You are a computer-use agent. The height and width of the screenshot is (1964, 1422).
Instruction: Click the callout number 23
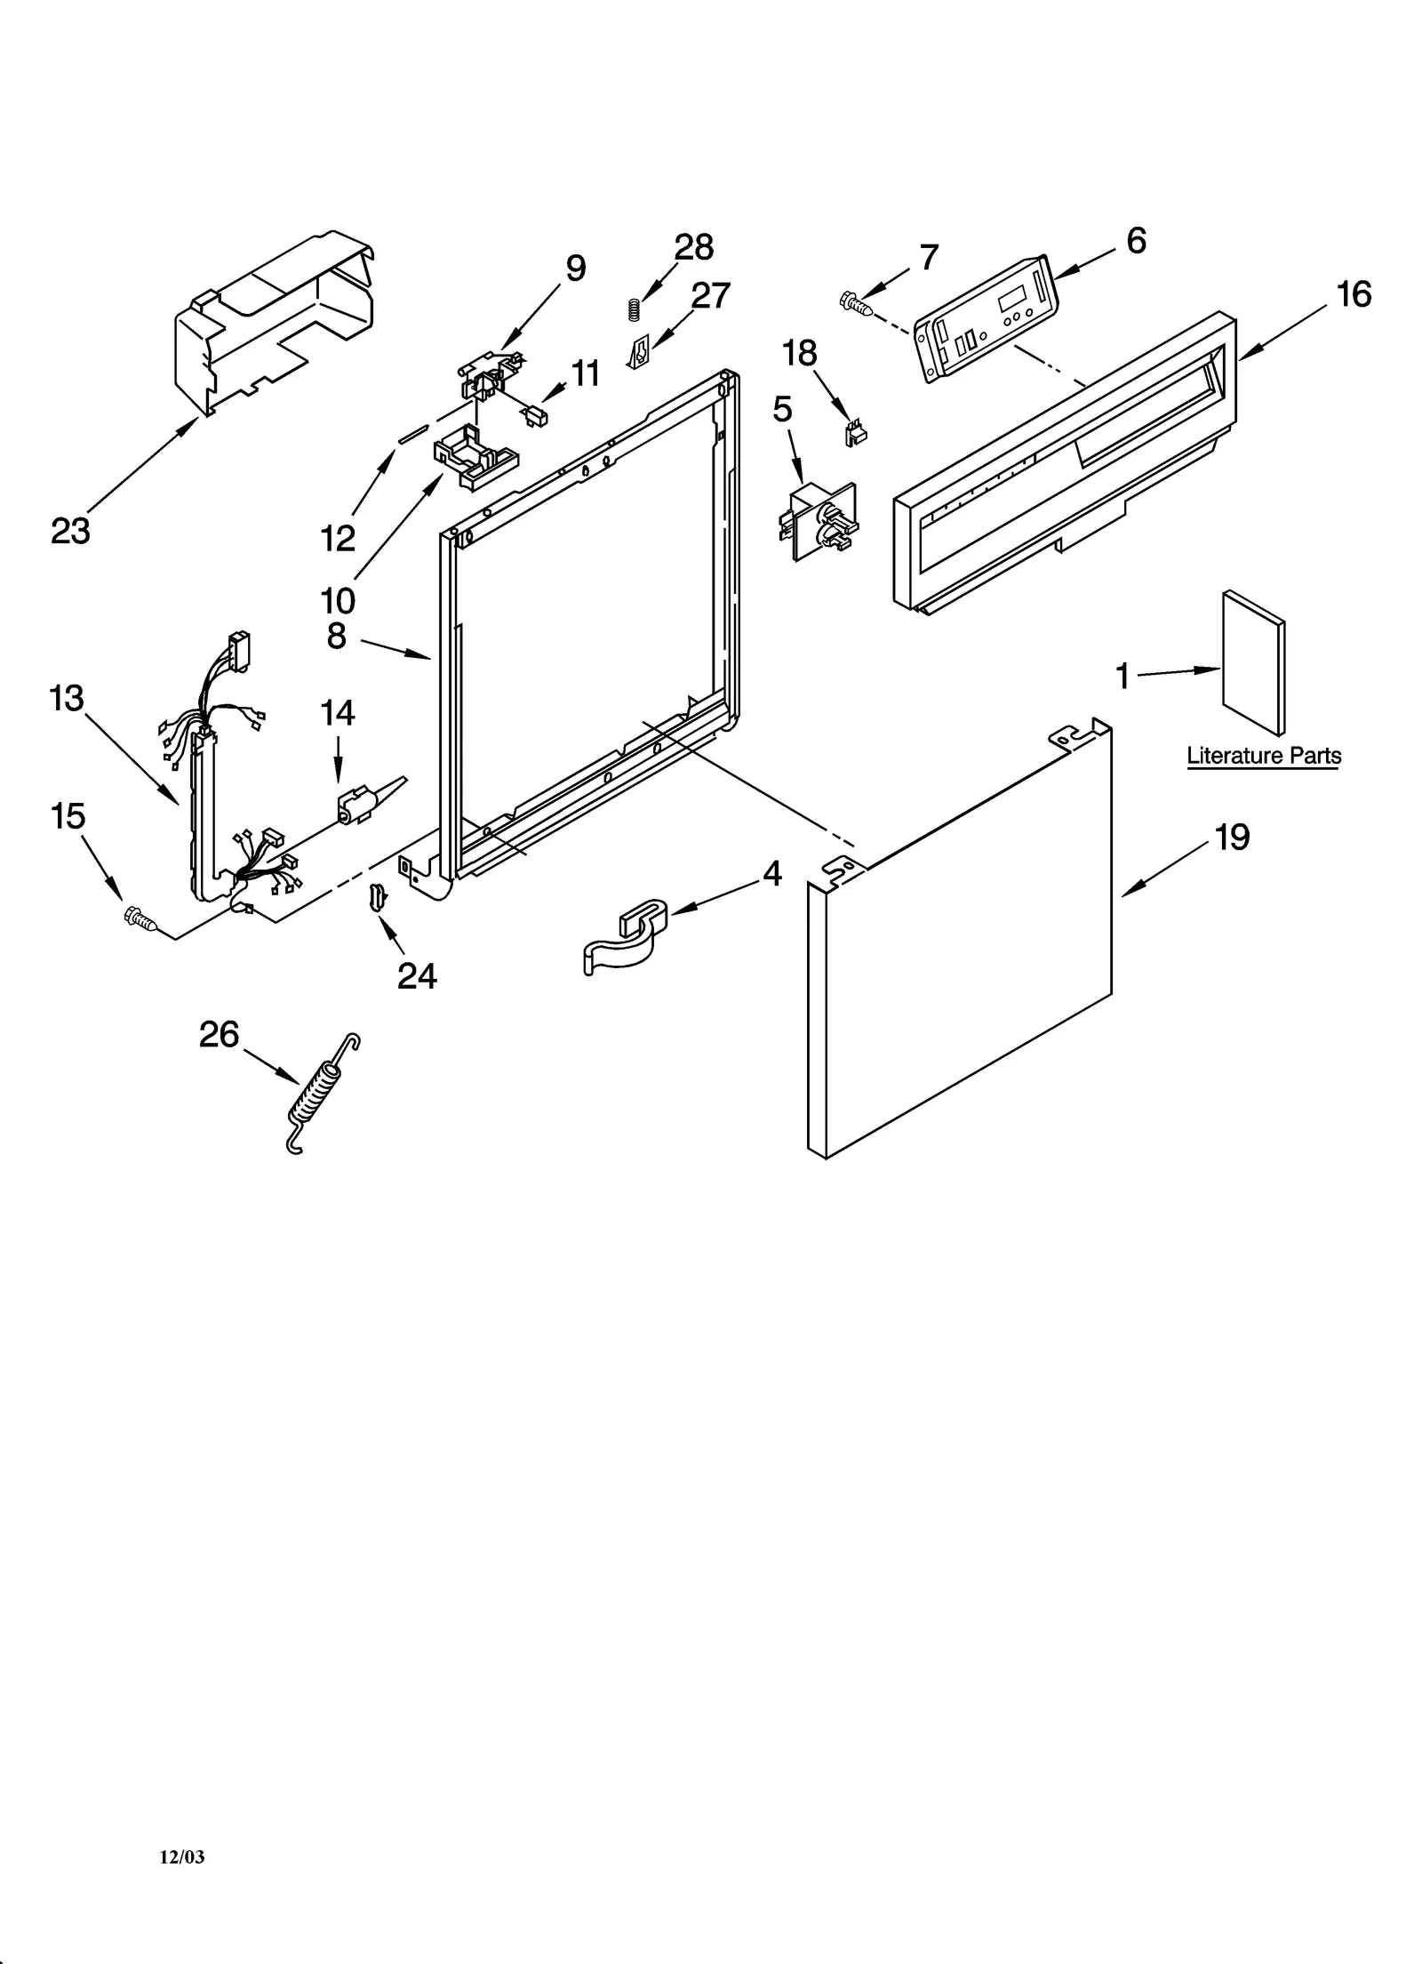pos(70,531)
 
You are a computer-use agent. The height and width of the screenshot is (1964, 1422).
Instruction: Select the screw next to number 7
pos(854,303)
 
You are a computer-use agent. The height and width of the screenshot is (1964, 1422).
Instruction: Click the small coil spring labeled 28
pos(634,310)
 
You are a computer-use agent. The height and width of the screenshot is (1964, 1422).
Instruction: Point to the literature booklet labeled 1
pos(1252,662)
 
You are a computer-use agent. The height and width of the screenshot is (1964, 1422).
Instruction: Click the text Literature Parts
pos(1263,756)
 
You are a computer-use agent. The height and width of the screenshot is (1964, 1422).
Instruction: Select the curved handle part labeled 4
pos(624,937)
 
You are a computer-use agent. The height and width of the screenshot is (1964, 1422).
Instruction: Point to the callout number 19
pos(1232,838)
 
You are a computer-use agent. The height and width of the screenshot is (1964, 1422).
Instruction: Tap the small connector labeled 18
pos(855,433)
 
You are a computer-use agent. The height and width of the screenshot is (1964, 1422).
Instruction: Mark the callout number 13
pos(67,698)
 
